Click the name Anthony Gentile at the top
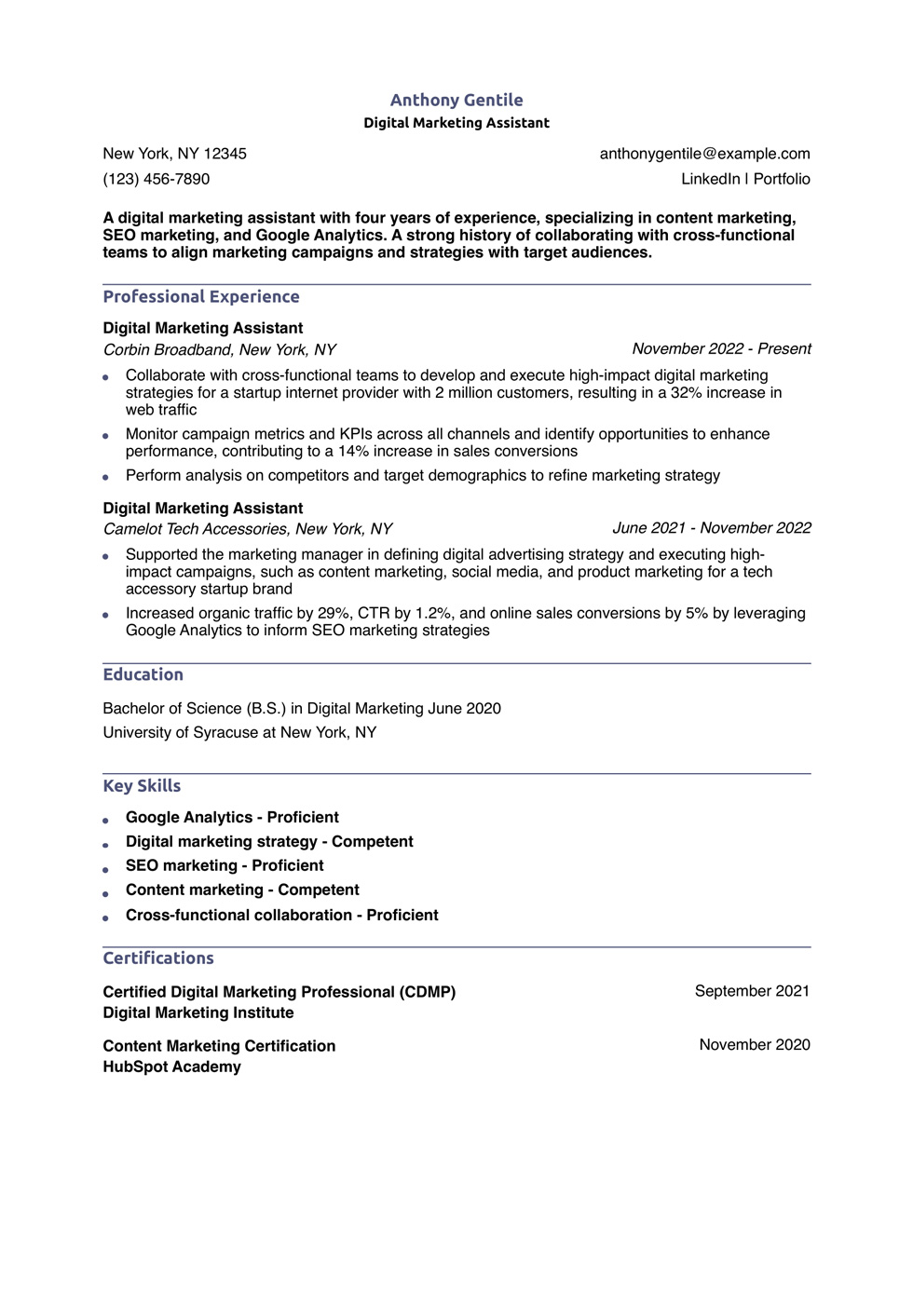(456, 100)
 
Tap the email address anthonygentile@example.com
(704, 154)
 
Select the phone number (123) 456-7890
(156, 179)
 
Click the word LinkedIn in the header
(710, 179)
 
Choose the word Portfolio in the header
(782, 179)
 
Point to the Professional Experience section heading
(201, 296)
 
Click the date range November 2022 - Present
(721, 348)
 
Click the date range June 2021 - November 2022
(711, 528)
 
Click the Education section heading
(143, 674)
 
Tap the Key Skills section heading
(142, 785)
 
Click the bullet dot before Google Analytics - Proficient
(106, 820)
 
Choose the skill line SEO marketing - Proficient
(225, 865)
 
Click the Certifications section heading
(158, 958)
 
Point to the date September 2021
(752, 991)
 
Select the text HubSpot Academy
(171, 1067)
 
